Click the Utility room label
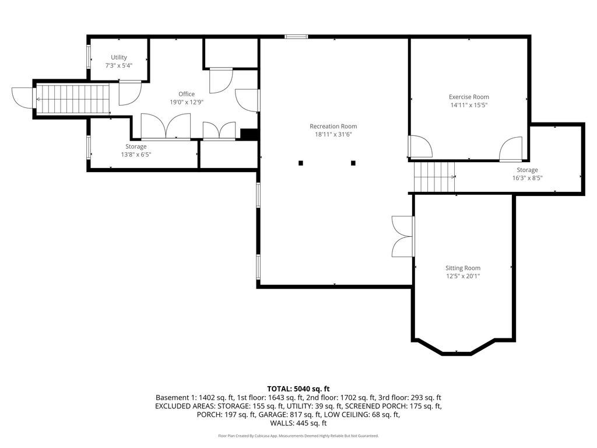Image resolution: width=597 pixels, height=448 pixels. click(x=119, y=57)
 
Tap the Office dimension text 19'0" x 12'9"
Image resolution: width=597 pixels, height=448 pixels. click(x=187, y=102)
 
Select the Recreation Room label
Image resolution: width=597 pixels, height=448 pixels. click(x=333, y=126)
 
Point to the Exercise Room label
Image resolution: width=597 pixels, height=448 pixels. click(x=469, y=97)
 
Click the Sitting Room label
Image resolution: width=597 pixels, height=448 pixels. click(x=463, y=268)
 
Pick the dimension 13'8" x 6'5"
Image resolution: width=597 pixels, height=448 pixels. click(x=136, y=155)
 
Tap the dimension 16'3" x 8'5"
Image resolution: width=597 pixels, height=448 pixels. click(x=527, y=178)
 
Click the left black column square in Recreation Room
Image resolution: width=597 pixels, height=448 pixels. click(x=301, y=163)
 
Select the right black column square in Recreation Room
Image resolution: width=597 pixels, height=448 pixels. click(x=353, y=163)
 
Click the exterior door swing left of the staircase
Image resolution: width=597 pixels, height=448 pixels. click(x=23, y=98)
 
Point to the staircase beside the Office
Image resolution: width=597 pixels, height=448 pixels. click(x=73, y=99)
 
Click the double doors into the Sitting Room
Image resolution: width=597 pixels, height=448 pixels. click(x=403, y=236)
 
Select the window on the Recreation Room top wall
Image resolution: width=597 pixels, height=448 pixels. click(x=296, y=37)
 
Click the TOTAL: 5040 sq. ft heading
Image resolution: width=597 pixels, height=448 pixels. click(x=298, y=389)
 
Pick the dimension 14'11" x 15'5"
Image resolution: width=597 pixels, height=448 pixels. click(x=469, y=105)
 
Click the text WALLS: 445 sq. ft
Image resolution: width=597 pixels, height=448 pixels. click(x=298, y=423)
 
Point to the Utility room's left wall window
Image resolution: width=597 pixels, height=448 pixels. click(x=89, y=57)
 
